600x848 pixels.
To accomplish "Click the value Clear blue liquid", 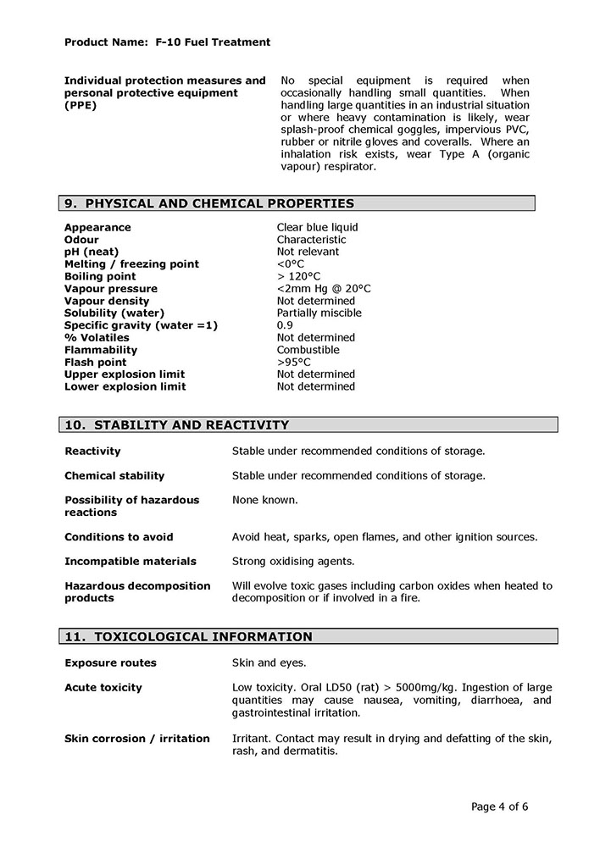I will pos(317,227).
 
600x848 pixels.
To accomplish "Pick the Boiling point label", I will pos(100,276).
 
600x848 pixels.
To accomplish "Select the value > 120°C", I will pos(298,276).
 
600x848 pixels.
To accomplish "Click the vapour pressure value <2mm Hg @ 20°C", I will pos(323,289).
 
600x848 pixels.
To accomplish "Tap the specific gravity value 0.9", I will pos(285,325).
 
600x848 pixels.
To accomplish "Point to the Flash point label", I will pos(95,362).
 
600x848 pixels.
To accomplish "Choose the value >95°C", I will pos(293,362).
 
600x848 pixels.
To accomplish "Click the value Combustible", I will pos(308,350).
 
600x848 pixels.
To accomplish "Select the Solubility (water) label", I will pos(114,313).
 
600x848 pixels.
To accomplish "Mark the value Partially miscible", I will pos(319,313).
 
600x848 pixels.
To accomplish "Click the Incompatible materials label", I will pos(130,561).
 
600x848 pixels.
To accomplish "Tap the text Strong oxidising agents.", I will pos(293,561).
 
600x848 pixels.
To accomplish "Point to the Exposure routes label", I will pos(110,662).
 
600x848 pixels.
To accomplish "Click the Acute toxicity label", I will pos(103,687).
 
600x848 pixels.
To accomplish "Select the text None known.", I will pos(264,500).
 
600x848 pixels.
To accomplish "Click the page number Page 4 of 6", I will pos(499,806).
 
